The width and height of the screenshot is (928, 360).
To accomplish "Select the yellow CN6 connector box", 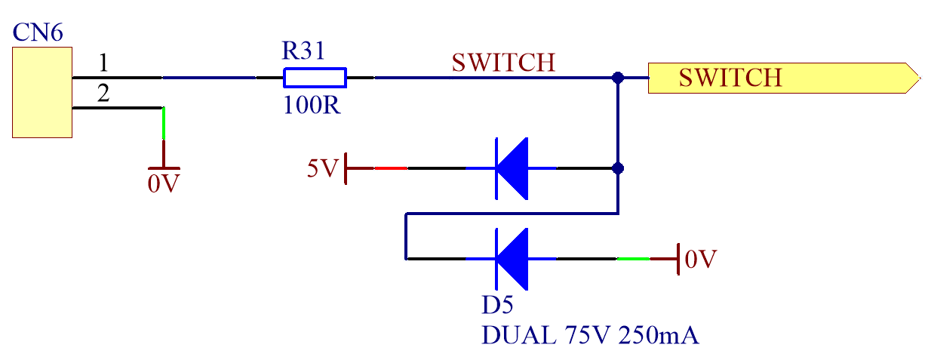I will point(42,92).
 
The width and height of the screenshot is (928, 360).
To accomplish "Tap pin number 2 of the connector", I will point(104,94).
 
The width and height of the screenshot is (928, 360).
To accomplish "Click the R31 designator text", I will point(305,52).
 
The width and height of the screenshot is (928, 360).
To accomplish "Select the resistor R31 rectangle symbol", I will point(315,78).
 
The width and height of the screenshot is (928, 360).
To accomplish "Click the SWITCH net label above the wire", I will point(503,62).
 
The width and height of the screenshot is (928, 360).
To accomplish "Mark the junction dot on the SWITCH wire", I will point(618,78).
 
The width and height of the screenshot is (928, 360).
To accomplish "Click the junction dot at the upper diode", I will point(618,168).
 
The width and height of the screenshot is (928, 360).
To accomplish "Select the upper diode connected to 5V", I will point(512,168).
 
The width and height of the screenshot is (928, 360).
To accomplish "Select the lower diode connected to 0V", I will point(512,259).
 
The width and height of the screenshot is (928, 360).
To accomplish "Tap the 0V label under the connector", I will point(164,183).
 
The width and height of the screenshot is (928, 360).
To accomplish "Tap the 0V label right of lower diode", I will point(699,259).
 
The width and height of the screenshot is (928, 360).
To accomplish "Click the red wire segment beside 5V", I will point(391,168).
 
